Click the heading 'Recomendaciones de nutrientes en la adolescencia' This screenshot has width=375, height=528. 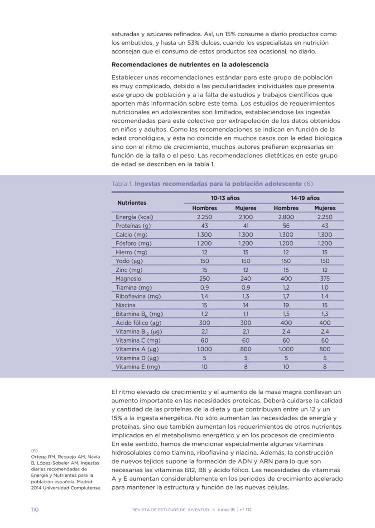190,64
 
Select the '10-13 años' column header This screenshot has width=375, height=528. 225,198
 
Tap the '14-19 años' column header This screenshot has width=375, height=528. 305,198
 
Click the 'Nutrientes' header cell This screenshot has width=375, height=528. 132,203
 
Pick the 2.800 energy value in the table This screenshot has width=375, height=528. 286,217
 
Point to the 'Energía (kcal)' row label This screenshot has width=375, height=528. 135,217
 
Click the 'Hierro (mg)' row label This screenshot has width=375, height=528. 131,252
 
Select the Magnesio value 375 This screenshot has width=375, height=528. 325,279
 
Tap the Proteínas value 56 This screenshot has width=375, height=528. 286,226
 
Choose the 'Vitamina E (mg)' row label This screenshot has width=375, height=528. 138,367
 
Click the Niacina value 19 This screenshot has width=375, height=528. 286,305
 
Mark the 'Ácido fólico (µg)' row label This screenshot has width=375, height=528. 139,323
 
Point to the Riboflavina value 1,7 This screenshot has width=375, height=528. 286,296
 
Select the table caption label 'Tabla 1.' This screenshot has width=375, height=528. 122,184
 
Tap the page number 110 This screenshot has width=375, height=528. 35,509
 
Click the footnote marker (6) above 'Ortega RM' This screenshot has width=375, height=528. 34,450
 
